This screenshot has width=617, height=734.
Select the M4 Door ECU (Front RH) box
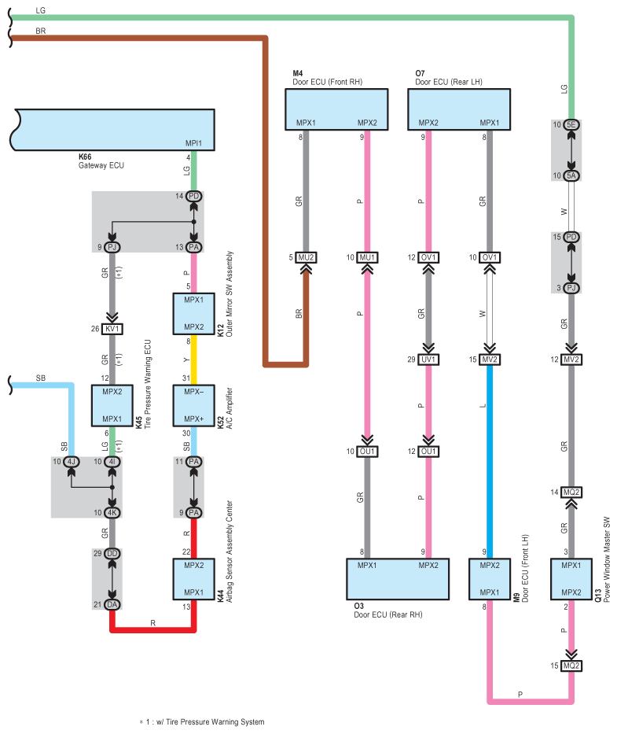(336, 109)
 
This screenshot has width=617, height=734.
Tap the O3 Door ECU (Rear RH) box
(398, 579)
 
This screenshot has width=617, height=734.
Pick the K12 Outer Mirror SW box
(193, 314)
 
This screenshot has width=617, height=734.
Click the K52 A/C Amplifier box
(193, 405)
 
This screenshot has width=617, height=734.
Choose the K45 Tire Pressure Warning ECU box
(112, 405)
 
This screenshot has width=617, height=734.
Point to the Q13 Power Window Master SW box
(571, 579)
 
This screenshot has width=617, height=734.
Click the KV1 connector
(112, 329)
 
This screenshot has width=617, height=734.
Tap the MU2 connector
(306, 257)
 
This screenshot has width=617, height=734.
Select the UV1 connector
(428, 360)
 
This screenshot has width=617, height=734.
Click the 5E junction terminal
(571, 124)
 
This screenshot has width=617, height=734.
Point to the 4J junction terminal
(71, 462)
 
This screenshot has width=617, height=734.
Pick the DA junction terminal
(112, 604)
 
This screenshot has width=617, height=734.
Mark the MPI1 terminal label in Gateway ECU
(193, 143)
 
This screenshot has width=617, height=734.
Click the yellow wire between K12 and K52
(193, 360)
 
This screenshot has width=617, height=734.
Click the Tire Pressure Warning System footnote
(202, 722)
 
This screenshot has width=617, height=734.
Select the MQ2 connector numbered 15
(571, 666)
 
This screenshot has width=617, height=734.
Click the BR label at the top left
(41, 31)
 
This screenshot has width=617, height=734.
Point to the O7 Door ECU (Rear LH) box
(459, 109)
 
